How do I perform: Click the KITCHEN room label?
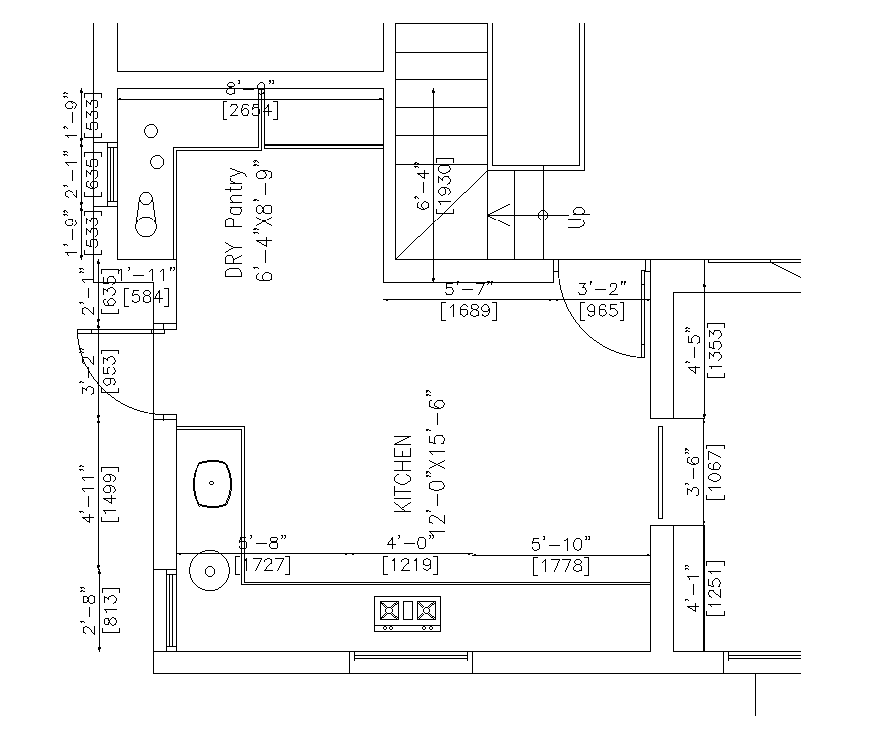[403, 473]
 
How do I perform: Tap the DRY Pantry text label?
[234, 222]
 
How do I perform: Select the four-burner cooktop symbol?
[406, 613]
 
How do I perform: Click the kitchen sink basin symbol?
[212, 484]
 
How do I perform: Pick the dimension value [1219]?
[411, 565]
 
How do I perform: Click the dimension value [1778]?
[562, 566]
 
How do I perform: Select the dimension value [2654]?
[249, 110]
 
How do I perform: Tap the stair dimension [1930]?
[445, 186]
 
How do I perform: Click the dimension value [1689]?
[469, 311]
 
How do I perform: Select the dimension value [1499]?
[110, 494]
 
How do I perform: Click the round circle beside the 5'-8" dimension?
[209, 571]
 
